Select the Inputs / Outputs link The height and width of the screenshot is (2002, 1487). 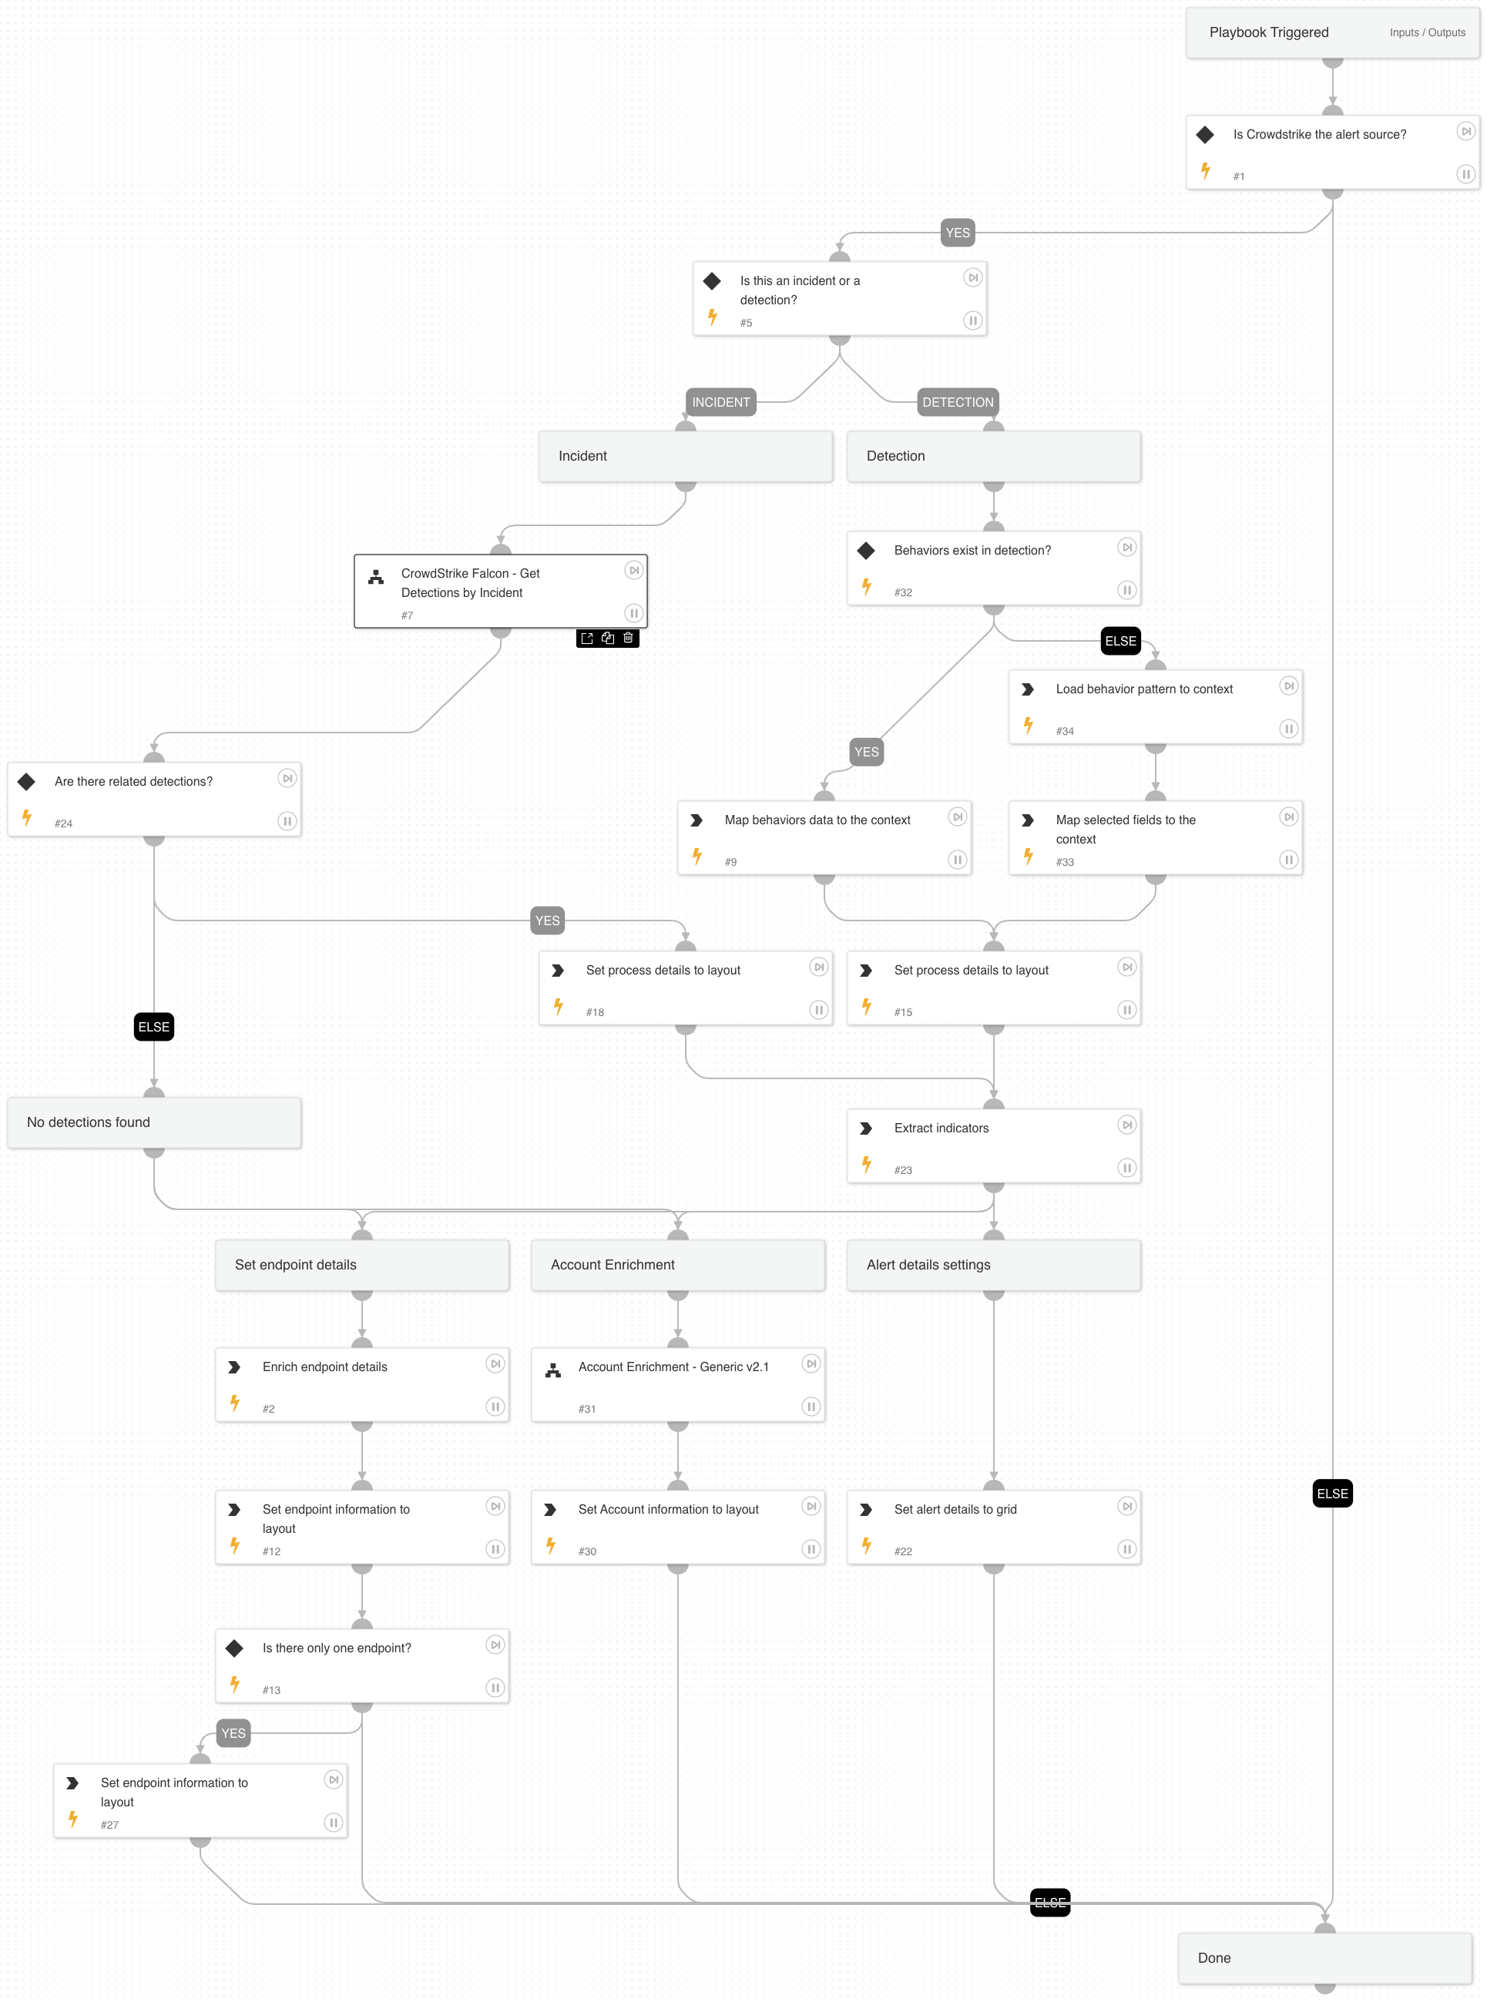(1427, 33)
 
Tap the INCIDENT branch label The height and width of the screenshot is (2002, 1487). (720, 402)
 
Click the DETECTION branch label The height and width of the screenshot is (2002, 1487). (957, 402)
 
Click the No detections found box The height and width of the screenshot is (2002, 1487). (154, 1122)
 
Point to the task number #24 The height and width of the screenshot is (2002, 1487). (63, 823)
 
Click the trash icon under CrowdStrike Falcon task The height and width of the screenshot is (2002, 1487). (628, 638)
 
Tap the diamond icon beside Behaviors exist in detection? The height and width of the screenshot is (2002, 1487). (866, 551)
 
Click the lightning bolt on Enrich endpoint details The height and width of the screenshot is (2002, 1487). (235, 1403)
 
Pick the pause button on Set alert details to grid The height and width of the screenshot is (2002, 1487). (1126, 1548)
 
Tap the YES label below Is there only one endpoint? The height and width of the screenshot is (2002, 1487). (233, 1733)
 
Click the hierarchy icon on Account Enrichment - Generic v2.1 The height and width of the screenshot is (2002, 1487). (553, 1370)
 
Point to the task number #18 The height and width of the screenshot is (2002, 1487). (595, 1012)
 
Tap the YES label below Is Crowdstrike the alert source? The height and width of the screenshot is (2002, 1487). (957, 233)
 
